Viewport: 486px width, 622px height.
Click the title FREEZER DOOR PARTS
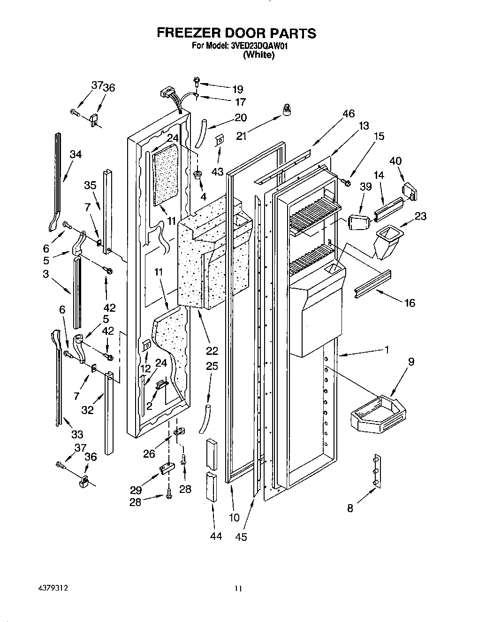(x=236, y=33)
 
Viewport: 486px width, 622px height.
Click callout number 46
(x=349, y=114)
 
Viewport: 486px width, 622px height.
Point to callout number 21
(x=241, y=136)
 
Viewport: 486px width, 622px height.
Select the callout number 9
(x=411, y=362)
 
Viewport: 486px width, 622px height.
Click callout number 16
(x=410, y=303)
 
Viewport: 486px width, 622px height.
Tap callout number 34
(x=76, y=154)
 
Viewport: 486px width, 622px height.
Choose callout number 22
(x=212, y=351)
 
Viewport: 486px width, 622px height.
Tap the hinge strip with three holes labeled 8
(x=376, y=470)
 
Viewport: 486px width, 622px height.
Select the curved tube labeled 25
(x=205, y=417)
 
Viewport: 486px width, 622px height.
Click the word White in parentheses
(x=258, y=55)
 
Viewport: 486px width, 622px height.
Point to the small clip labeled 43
(x=219, y=140)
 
